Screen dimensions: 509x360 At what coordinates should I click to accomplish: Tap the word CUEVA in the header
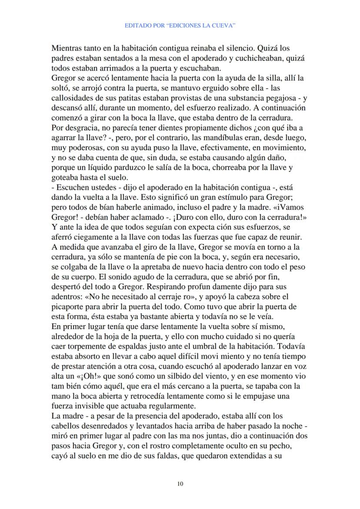point(225,26)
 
